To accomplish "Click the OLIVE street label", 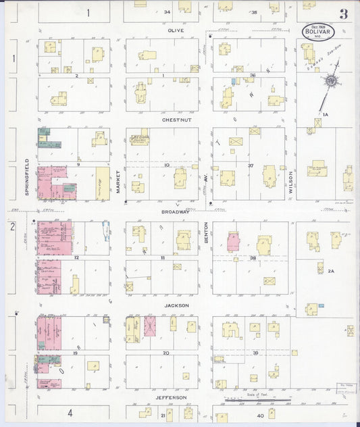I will (176, 30).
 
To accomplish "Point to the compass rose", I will (331, 81).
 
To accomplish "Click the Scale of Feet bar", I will (257, 399).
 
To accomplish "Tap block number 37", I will (250, 165).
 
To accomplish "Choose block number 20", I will (165, 353).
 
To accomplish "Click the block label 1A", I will (325, 115).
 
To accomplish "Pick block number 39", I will (255, 353).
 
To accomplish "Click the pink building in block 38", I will (233, 241).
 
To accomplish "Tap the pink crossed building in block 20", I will (149, 326).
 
